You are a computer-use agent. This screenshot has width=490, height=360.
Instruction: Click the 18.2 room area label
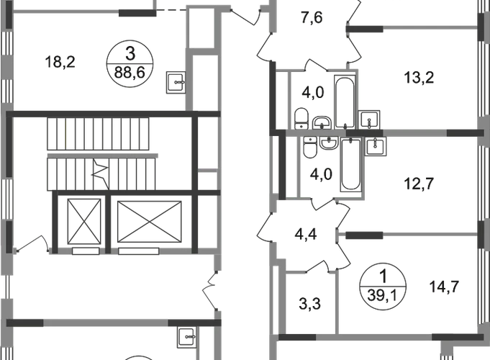coord(58,63)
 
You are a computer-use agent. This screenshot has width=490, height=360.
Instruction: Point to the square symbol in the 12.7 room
coord(376,148)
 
